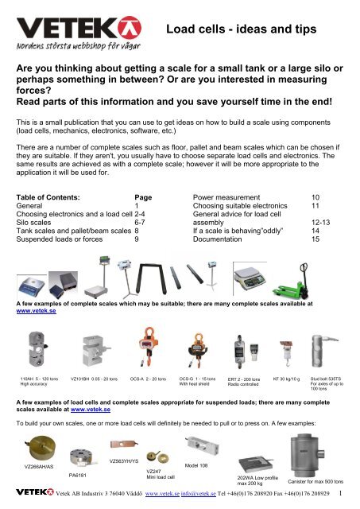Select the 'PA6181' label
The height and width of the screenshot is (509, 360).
tap(79, 476)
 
